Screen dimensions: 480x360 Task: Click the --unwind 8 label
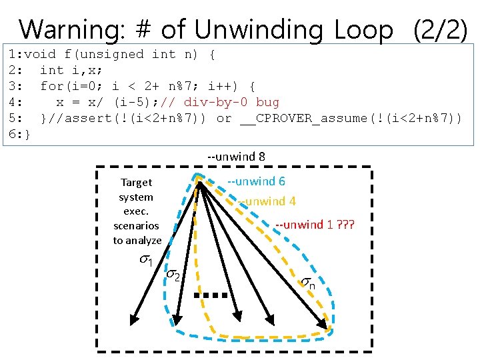click(x=236, y=157)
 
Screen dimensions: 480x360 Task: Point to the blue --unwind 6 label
click(x=256, y=181)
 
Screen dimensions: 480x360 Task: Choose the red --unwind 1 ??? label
click(x=315, y=224)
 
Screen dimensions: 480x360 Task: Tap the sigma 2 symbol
click(x=173, y=275)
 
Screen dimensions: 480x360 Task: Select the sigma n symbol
click(x=308, y=283)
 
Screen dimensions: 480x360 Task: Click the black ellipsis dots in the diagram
click(x=211, y=295)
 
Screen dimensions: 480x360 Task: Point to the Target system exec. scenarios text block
click(x=137, y=211)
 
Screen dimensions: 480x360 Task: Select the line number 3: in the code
click(x=17, y=86)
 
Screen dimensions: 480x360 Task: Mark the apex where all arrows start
click(x=199, y=180)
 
